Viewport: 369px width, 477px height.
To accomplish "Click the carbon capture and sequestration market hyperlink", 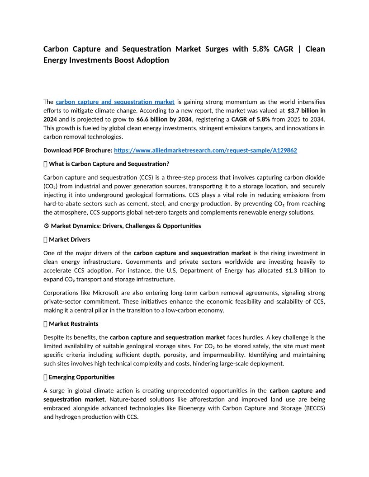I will click(115, 102).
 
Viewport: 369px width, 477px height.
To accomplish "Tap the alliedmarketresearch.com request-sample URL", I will click(205, 150).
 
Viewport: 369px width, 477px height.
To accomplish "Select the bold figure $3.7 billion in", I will click(306, 110).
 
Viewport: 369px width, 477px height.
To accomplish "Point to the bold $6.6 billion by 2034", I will click(164, 119).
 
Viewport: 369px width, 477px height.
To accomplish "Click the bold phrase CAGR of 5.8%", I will click(251, 119).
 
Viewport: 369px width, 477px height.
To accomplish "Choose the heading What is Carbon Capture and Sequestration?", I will click(109, 164).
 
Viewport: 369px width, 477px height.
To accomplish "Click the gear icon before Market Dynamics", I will click(46, 226).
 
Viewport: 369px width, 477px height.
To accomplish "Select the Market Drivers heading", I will click(69, 239).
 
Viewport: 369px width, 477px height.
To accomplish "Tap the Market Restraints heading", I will click(73, 324).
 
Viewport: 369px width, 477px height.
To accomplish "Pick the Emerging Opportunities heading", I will click(81, 377).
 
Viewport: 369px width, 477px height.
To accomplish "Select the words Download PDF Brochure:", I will click(77, 150).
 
